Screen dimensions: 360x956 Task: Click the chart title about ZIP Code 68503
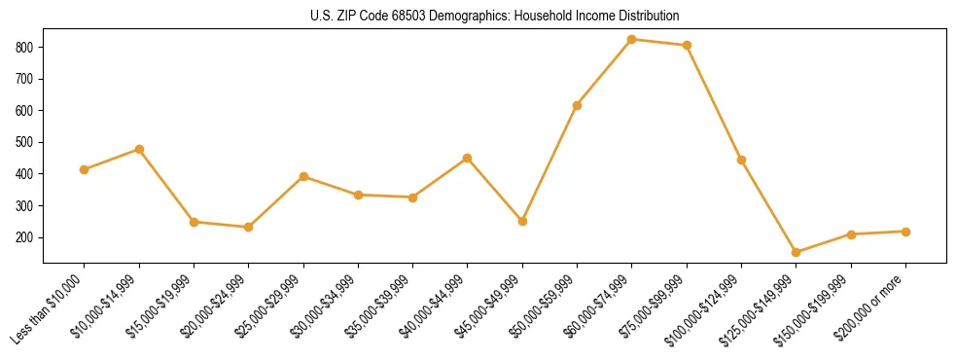478,17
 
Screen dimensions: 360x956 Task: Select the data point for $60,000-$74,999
632,40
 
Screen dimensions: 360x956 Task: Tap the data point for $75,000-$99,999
687,46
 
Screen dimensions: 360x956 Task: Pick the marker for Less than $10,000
85,170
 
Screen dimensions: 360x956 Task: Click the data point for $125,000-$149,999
797,253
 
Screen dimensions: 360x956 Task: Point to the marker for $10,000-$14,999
139,150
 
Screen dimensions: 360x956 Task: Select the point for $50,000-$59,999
578,105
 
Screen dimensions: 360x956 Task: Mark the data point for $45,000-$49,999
522,222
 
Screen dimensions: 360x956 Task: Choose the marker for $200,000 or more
905,232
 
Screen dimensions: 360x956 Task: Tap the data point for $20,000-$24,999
249,228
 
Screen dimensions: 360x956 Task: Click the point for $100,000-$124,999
741,160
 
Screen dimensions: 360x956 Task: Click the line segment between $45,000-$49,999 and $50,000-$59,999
550,163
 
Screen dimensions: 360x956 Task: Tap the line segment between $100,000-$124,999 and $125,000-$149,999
769,206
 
